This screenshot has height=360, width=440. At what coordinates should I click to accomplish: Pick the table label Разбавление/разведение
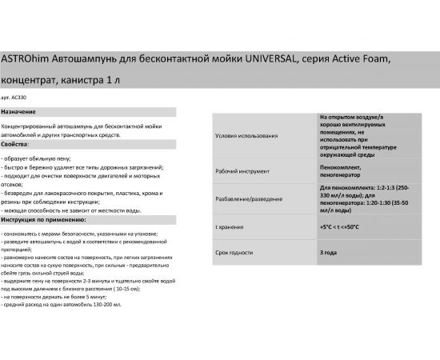coord(252,198)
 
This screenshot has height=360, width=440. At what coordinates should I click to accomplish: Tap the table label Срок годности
coord(235,253)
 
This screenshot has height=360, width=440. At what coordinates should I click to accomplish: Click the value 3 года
coord(327,253)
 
